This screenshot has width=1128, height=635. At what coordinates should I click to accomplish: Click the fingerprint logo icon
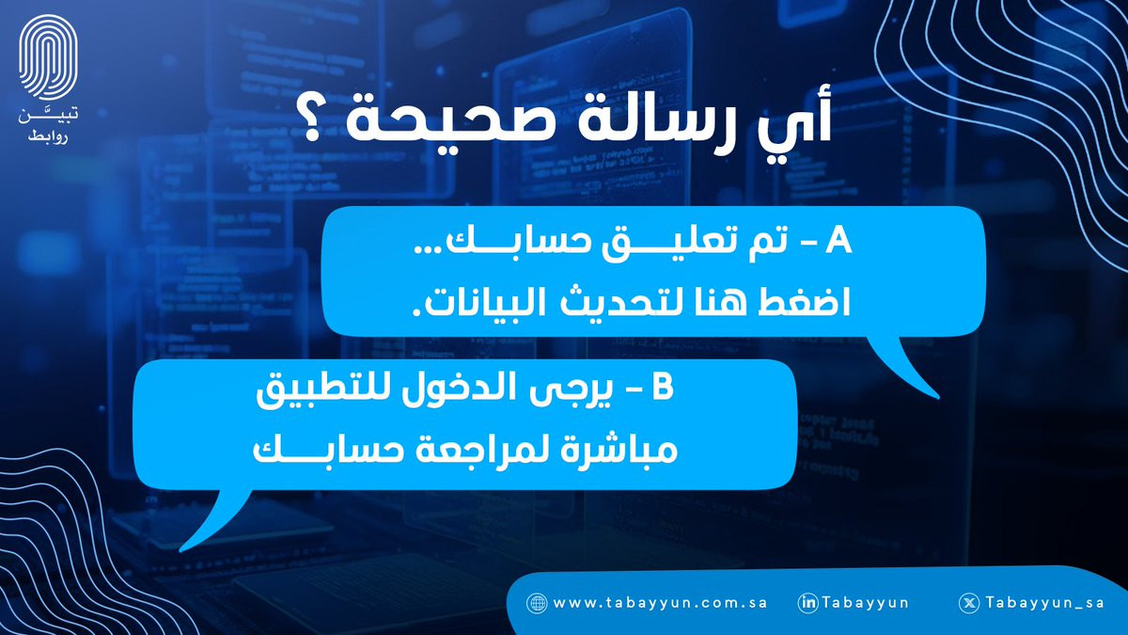[48, 57]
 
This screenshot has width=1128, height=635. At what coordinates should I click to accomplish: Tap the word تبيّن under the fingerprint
[48, 116]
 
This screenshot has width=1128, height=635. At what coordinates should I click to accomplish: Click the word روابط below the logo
[48, 137]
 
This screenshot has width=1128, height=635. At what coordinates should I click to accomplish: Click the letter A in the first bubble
[838, 241]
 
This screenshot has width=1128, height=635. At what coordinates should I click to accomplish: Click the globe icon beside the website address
[537, 603]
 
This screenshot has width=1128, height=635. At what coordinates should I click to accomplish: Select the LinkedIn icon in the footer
[807, 603]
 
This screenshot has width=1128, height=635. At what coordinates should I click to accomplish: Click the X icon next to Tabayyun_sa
[969, 603]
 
